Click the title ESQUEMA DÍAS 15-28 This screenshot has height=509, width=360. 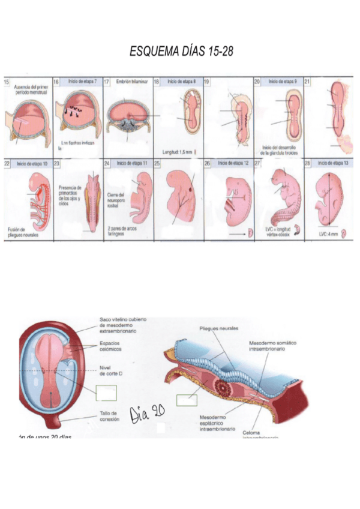[181, 52]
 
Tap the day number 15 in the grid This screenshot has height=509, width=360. [7, 82]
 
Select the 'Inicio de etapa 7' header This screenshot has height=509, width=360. [83, 81]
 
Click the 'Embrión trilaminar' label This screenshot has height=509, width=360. [131, 81]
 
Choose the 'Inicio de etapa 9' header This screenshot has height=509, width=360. [282, 81]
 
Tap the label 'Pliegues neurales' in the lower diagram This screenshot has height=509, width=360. [220, 328]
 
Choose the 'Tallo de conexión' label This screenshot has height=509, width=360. [110, 416]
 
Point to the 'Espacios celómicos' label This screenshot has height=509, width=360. [112, 347]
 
